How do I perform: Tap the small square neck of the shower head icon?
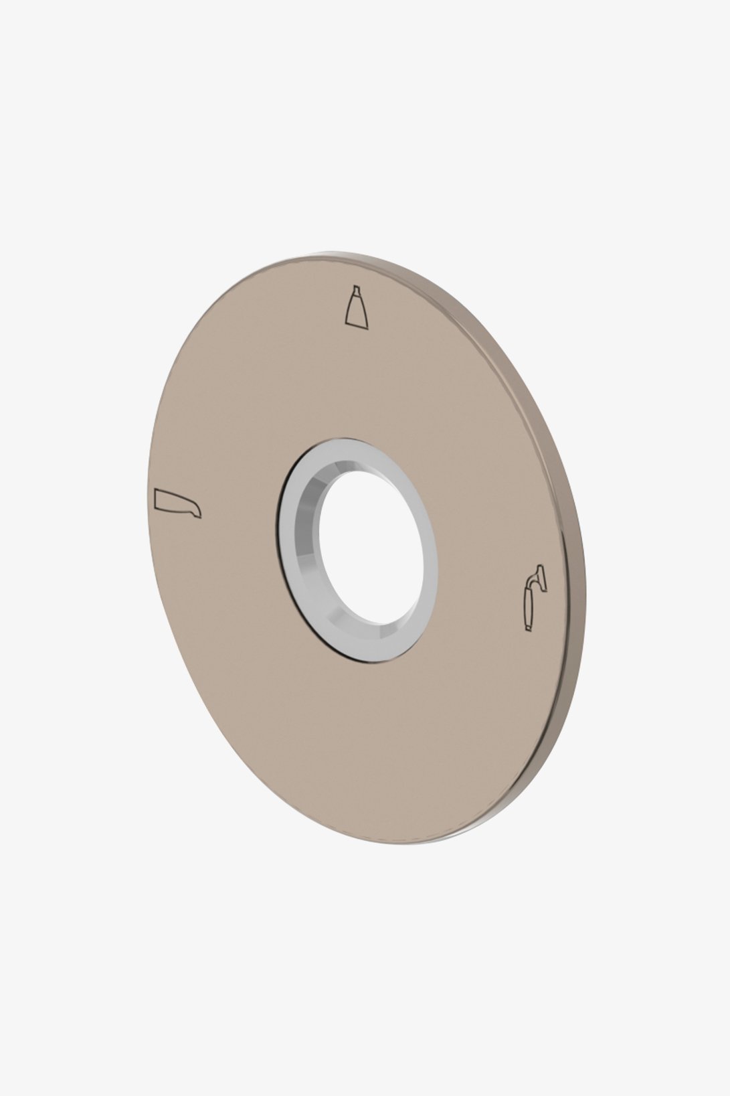point(354,293)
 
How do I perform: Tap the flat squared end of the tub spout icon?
point(157,497)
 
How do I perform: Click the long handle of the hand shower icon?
point(529,605)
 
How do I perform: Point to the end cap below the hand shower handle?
point(528,627)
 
